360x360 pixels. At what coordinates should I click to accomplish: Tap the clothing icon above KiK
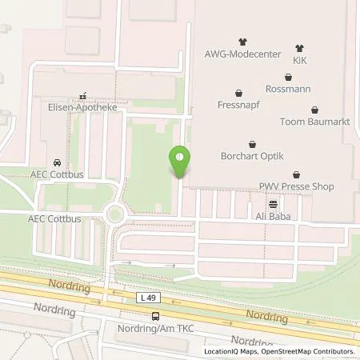point(299,48)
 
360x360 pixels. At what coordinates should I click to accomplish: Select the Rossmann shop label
point(287,89)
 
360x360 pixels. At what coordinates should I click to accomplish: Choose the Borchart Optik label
point(253,157)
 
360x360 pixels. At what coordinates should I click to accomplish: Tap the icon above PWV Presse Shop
point(297,174)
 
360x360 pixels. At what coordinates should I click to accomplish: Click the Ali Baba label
point(273,216)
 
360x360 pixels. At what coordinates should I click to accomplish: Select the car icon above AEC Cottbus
point(58,161)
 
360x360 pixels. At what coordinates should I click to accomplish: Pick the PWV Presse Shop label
point(297,186)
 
